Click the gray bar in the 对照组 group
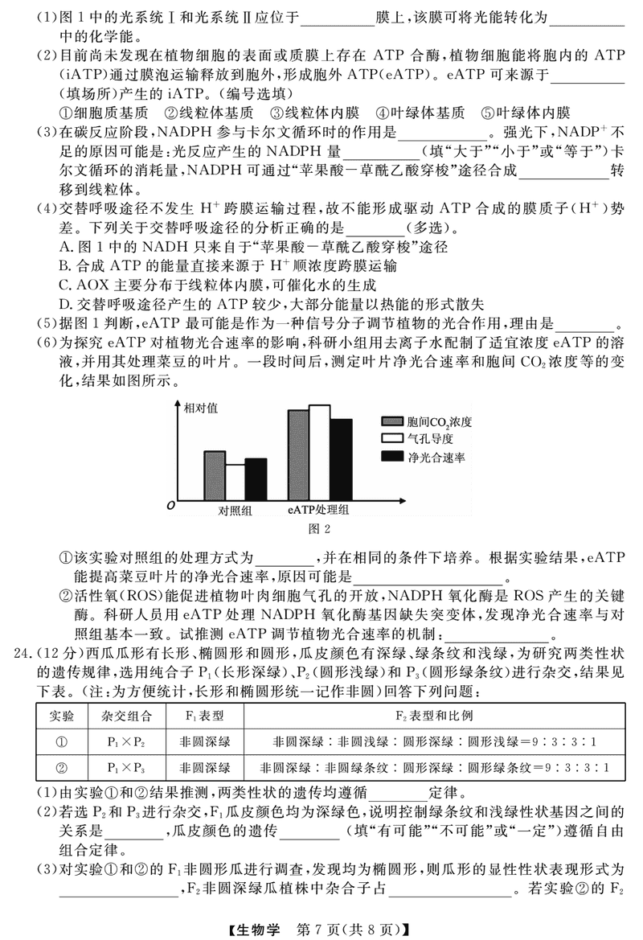click(x=215, y=475)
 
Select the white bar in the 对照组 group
click(x=235, y=482)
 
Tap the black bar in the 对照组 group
click(x=256, y=479)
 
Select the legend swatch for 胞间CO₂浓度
click(x=391, y=421)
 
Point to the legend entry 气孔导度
click(x=431, y=438)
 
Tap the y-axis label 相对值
click(x=201, y=408)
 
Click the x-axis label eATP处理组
click(x=319, y=510)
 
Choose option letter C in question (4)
click(x=65, y=284)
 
